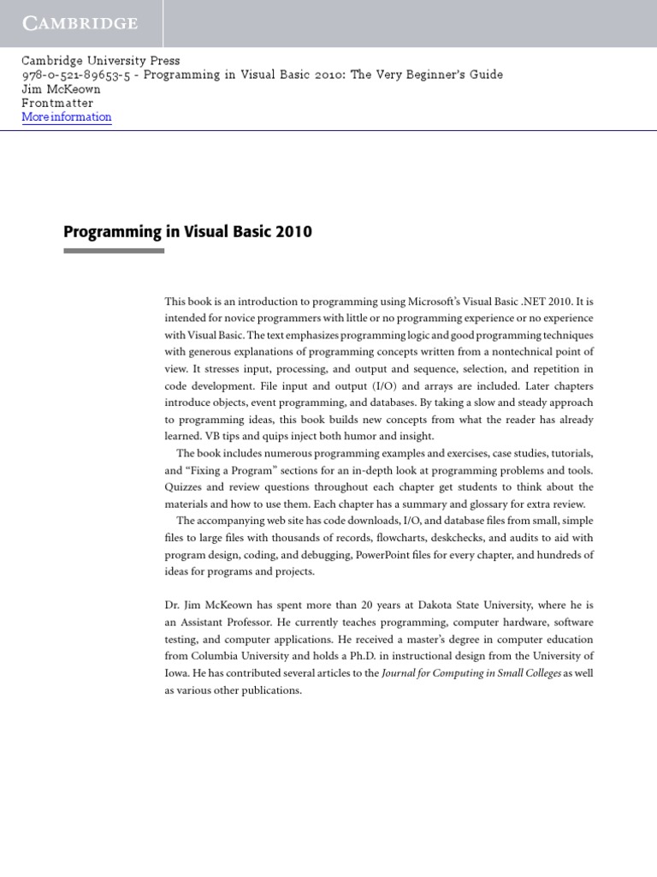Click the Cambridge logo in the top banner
coord(80,23)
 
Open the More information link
coord(67,117)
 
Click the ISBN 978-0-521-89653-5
coord(76,75)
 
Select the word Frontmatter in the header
coord(57,103)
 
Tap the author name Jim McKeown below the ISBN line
coord(61,89)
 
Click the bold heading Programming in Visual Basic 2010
coord(187,232)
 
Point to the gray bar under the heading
coord(114,251)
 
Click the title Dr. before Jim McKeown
coord(173,605)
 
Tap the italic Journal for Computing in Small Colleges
coord(471,673)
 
